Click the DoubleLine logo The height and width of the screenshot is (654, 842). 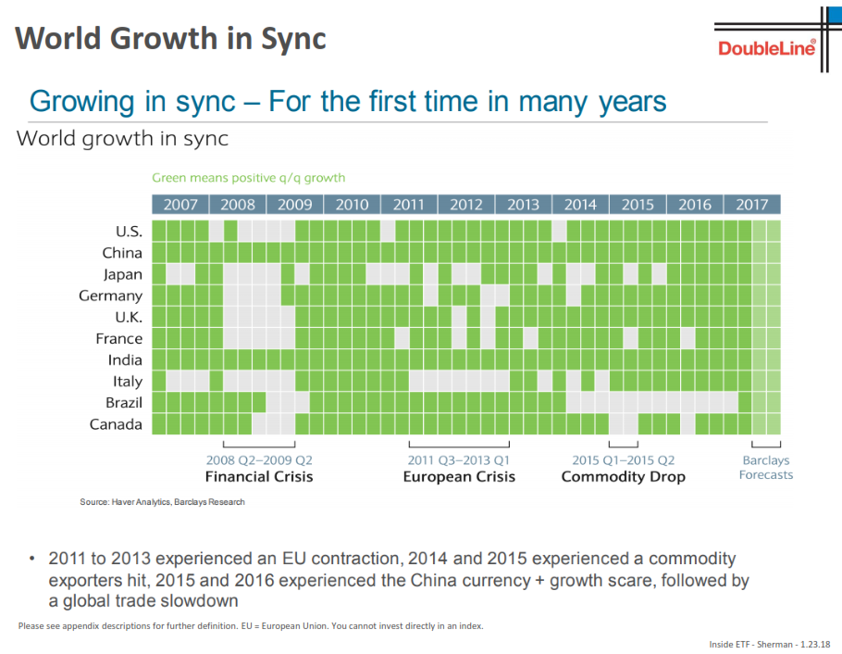coord(767,48)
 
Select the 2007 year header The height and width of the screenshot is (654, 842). coord(180,205)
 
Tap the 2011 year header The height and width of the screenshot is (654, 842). coord(408,205)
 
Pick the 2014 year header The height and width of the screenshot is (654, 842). coord(580,205)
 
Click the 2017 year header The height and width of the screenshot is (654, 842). coord(751,205)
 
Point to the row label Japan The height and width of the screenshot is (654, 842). coord(122,274)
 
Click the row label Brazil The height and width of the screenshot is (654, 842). coord(122,403)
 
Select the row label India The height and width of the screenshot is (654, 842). coord(125,359)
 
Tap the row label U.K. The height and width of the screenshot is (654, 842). coord(127,317)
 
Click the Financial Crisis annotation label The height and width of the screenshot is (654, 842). coord(259,476)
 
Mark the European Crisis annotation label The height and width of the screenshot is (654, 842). coord(459,476)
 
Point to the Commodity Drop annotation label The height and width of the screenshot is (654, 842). coord(624,476)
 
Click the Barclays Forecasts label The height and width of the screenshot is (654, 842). coord(766,468)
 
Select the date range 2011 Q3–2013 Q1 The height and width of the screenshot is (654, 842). coord(459,459)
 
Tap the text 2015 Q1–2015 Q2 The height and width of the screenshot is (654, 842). coord(624,459)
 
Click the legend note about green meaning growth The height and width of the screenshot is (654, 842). coord(248,178)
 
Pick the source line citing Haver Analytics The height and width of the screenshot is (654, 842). coord(162,502)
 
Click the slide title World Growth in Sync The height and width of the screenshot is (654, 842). coord(171,38)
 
